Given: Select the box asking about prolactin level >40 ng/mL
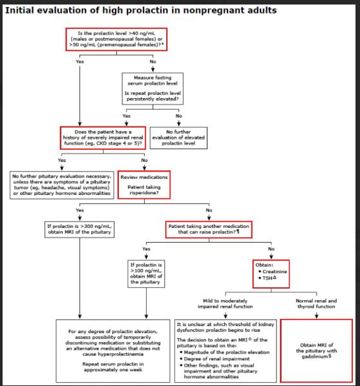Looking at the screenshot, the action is [x=116, y=39].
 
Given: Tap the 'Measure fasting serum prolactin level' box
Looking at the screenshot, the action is [x=153, y=88].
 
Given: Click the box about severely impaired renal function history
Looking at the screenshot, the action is [x=103, y=138].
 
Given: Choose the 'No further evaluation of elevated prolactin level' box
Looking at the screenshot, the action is [x=178, y=138].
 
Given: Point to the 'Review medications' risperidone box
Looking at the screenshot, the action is [x=144, y=185].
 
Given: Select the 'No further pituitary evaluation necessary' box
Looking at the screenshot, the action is [x=62, y=185].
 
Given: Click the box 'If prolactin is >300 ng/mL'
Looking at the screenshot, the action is [x=79, y=229].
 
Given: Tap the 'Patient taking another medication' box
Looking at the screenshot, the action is [x=209, y=229].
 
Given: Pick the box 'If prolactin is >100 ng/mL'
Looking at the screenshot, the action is [x=146, y=274].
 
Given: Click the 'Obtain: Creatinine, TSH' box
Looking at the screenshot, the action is [x=271, y=274].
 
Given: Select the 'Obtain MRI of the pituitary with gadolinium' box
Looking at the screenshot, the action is [x=316, y=350].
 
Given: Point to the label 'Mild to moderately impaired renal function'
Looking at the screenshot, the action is [x=225, y=304].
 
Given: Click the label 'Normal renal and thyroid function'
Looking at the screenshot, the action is [x=316, y=304].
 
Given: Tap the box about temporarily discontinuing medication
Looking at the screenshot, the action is [x=113, y=350].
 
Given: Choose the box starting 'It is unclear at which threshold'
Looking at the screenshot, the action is [x=226, y=350].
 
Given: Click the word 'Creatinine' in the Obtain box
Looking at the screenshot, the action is [x=275, y=272].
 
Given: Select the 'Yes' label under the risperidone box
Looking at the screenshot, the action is [x=79, y=210].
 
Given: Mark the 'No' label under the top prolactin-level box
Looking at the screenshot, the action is [x=153, y=61].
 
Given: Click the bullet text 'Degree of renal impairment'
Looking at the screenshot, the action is [x=217, y=359].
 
